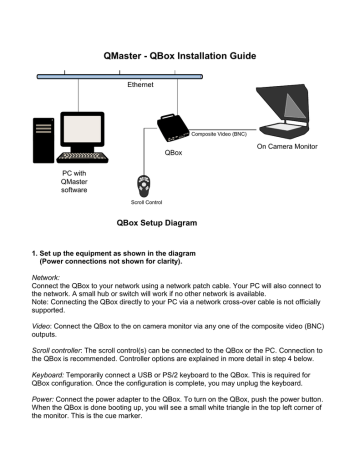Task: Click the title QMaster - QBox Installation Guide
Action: click(180, 57)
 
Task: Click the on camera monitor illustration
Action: click(301, 114)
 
